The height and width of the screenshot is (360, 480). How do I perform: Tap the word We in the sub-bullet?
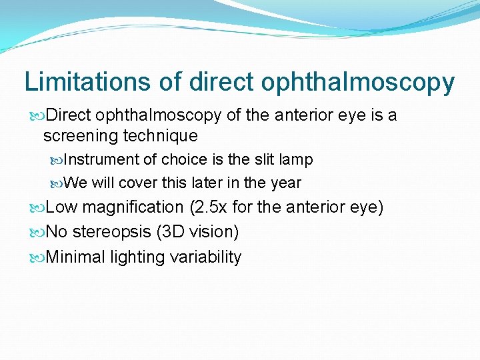77,183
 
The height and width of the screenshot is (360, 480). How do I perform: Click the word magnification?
133,208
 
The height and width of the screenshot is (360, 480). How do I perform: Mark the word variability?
206,257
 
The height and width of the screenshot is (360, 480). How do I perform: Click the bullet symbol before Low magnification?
38,208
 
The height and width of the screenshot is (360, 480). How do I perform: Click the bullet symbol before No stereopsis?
38,233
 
